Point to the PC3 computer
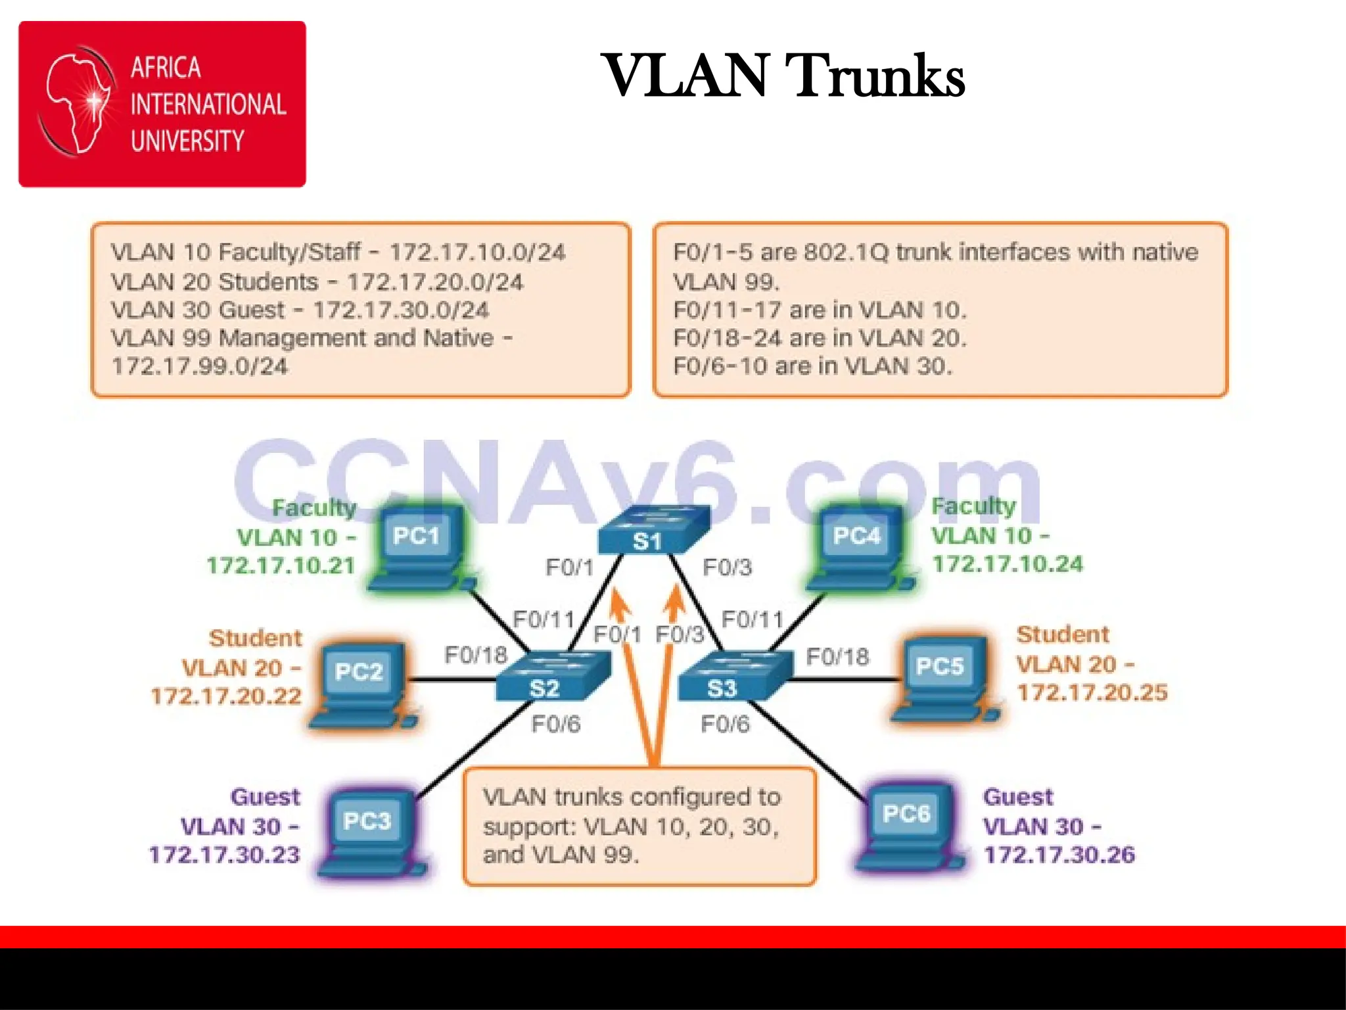coord(370,832)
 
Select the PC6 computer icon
coord(909,826)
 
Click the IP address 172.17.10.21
coord(281,565)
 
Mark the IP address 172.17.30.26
coord(1059,855)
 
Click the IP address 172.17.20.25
coord(1092,692)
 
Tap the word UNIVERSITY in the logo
coord(187,141)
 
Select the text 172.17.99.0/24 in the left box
coord(200,366)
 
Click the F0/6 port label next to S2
coord(556,724)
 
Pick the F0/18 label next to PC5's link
coord(837,656)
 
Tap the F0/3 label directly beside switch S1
coord(727,567)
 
